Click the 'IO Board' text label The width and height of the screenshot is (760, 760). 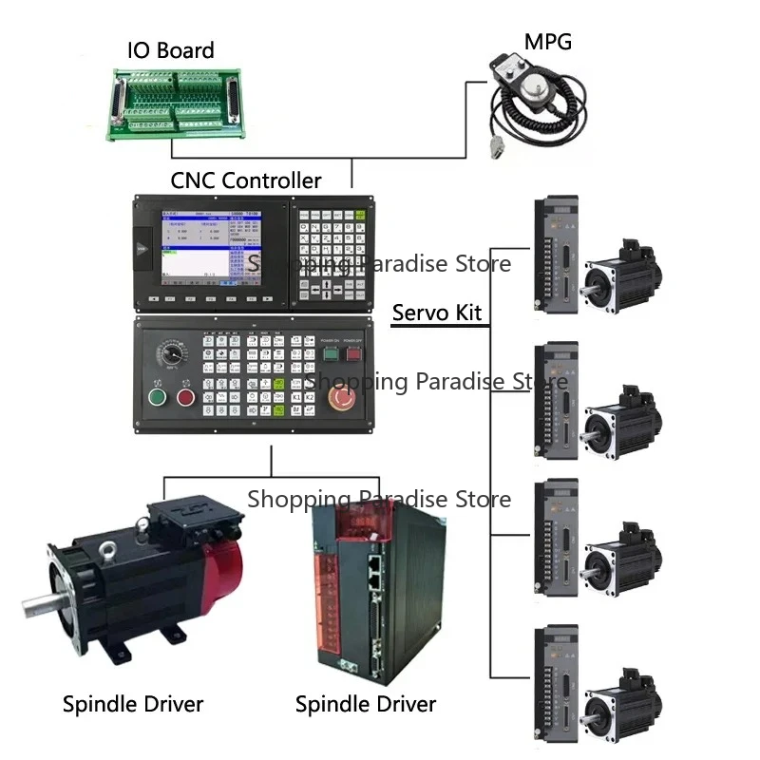click(171, 49)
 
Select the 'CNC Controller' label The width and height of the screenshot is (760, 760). click(246, 180)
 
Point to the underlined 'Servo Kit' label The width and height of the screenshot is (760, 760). click(437, 313)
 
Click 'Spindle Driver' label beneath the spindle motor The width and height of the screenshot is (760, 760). click(133, 704)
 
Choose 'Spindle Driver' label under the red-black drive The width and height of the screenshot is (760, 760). click(366, 704)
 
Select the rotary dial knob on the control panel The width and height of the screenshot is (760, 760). click(172, 355)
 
